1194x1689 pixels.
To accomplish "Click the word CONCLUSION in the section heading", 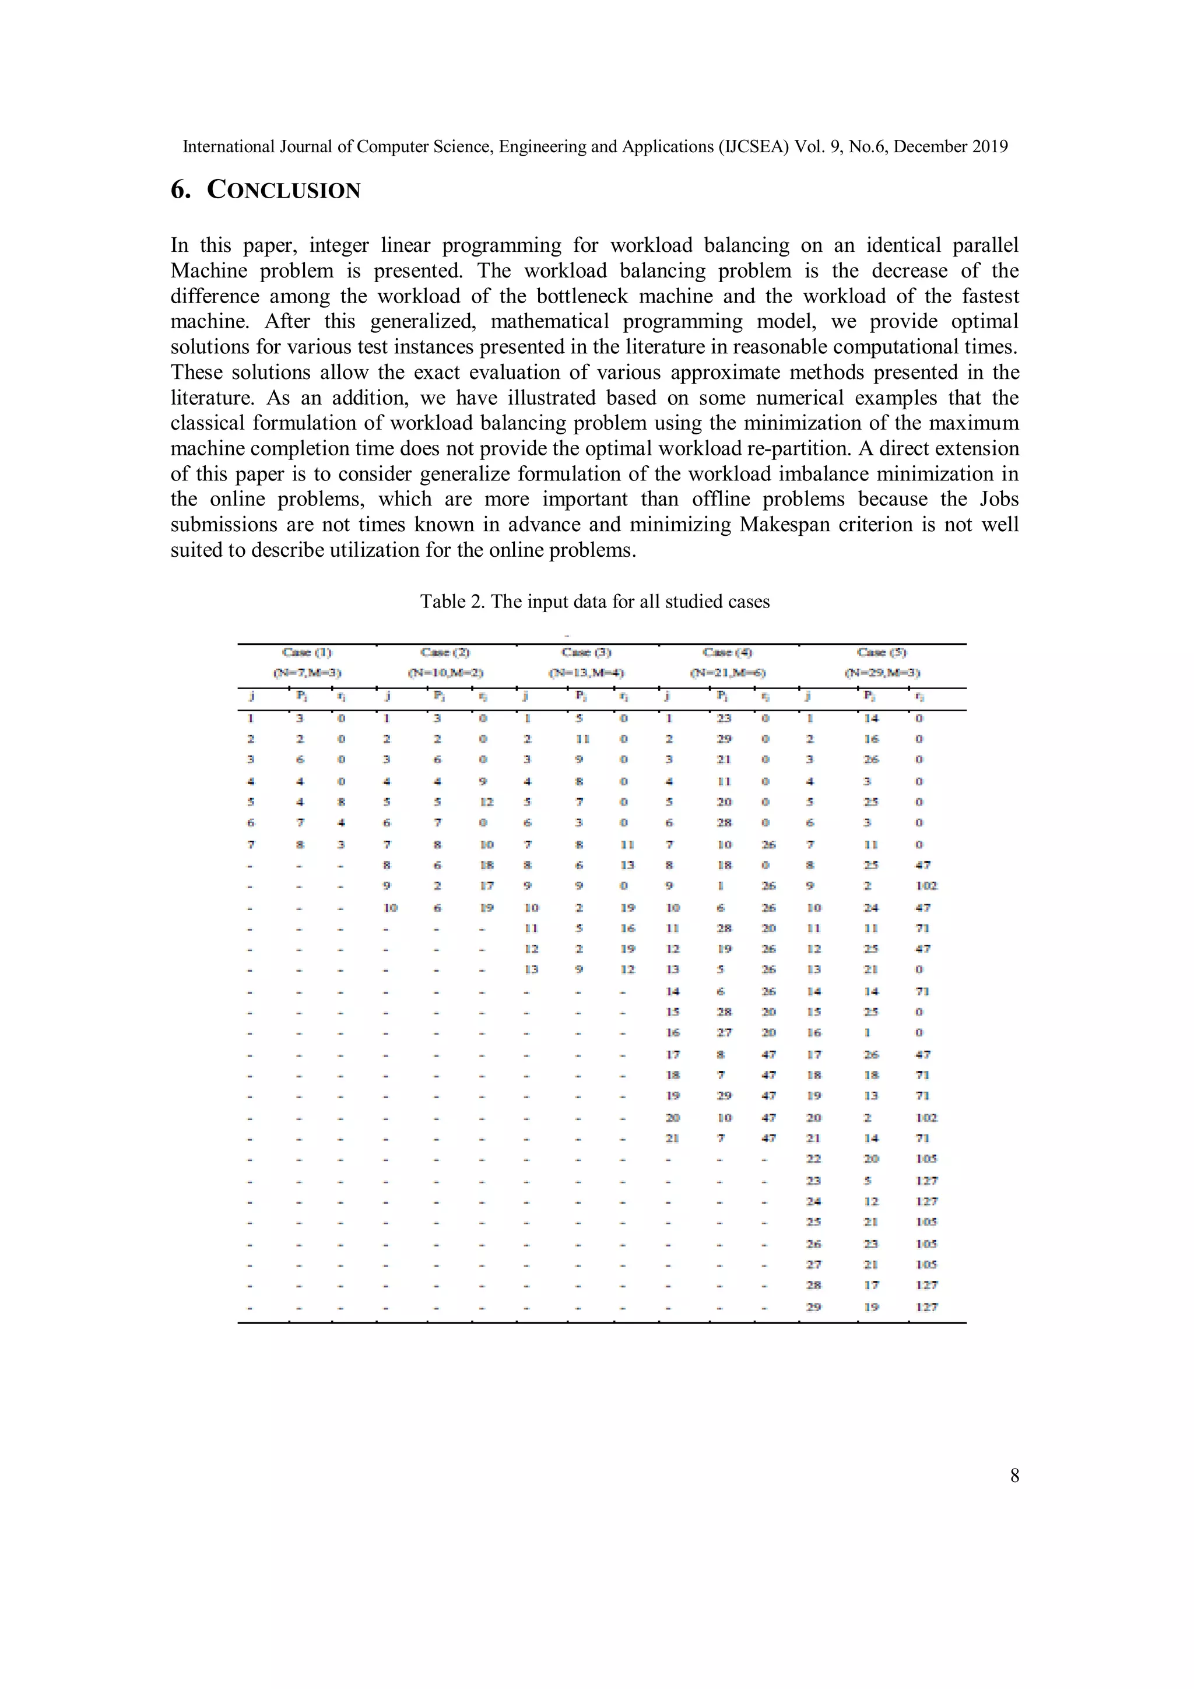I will [x=283, y=190].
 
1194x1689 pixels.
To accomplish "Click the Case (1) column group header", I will [x=307, y=652].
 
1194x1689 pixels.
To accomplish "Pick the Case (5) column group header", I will [x=882, y=652].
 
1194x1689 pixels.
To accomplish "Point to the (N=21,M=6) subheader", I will [x=728, y=672].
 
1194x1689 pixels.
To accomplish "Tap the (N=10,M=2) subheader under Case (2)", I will [x=445, y=672].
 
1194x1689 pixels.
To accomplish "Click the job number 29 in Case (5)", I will [x=814, y=1307].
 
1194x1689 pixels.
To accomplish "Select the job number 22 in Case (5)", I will [x=814, y=1158].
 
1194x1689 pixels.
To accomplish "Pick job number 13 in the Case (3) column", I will [x=531, y=969].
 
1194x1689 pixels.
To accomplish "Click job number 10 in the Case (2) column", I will [x=391, y=907].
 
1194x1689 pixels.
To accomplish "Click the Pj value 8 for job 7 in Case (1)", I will [x=300, y=844].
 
